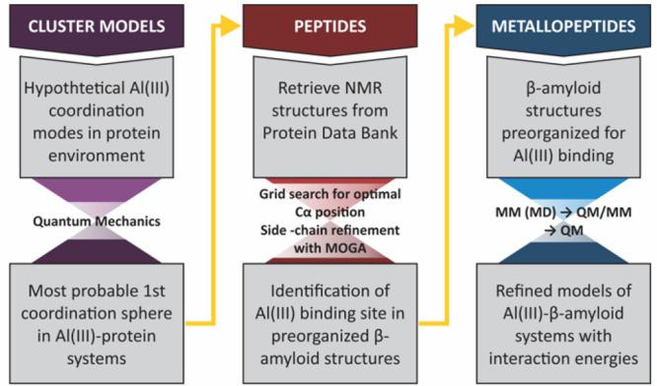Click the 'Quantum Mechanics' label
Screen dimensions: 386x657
tap(107, 220)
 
